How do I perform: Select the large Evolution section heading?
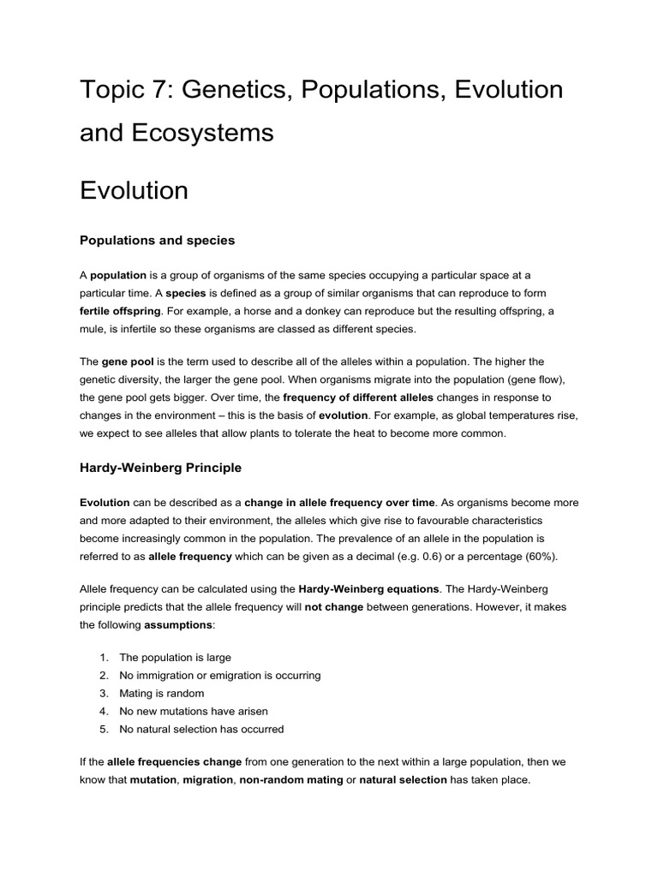134,190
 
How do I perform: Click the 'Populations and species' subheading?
157,241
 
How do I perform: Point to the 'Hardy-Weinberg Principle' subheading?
160,468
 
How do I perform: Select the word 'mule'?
93,330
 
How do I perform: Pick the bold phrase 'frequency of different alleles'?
358,398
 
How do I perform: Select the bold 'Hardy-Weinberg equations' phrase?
368,589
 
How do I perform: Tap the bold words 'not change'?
334,607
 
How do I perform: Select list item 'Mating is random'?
161,693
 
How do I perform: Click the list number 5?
103,729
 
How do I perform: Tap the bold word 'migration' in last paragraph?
206,779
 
